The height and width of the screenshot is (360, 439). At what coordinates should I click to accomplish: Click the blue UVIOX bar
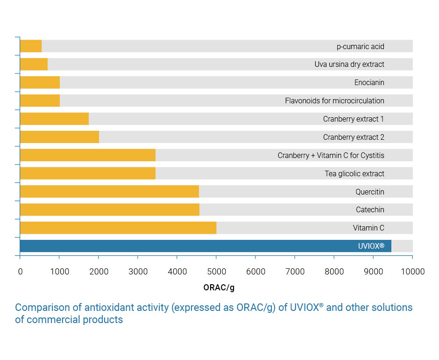[205, 246]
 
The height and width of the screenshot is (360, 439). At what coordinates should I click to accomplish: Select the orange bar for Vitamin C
[118, 228]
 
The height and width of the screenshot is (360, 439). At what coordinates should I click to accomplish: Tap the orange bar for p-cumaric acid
[31, 46]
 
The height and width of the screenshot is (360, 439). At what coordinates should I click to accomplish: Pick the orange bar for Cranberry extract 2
[59, 137]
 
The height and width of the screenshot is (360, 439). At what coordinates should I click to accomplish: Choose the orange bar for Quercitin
[109, 192]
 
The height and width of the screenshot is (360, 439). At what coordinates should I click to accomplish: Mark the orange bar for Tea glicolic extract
[88, 173]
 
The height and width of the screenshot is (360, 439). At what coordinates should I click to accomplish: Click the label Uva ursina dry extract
[349, 65]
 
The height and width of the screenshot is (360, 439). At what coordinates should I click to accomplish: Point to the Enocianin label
[369, 83]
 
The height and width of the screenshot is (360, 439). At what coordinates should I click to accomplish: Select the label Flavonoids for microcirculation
[334, 101]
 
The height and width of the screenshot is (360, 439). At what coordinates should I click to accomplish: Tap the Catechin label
[370, 210]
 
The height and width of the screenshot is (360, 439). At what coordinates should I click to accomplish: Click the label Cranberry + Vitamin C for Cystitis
[331, 155]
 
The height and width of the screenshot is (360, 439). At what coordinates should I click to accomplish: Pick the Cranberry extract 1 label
[354, 119]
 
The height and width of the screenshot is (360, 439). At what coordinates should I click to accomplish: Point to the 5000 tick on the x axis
[216, 272]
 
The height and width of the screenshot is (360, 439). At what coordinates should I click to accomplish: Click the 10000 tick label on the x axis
[412, 272]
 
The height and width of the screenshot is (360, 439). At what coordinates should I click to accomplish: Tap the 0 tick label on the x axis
[20, 272]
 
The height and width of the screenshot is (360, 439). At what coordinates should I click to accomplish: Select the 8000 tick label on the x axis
[334, 272]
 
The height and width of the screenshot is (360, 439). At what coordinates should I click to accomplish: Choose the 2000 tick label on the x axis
[99, 272]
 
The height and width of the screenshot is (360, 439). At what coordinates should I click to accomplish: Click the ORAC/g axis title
[219, 288]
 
